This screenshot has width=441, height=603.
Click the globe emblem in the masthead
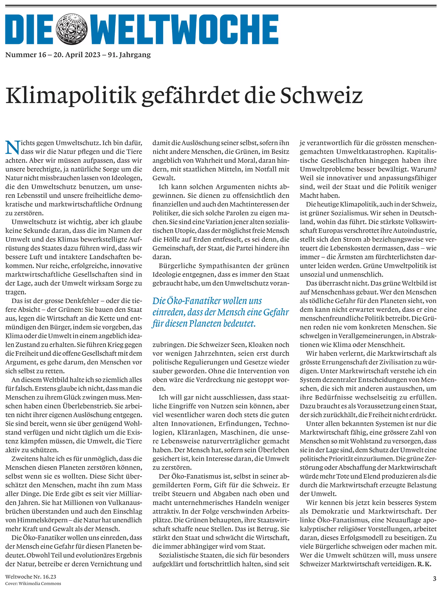pos(72,29)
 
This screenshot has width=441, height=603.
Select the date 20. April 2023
pos(77,55)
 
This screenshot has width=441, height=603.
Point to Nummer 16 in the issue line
pos(26,55)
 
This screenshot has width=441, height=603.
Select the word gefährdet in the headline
pos(191,96)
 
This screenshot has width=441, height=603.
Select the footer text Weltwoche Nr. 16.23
pos(31,577)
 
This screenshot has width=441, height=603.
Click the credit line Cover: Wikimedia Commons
pos(33,583)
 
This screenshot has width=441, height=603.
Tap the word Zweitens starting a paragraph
pos(25,459)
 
